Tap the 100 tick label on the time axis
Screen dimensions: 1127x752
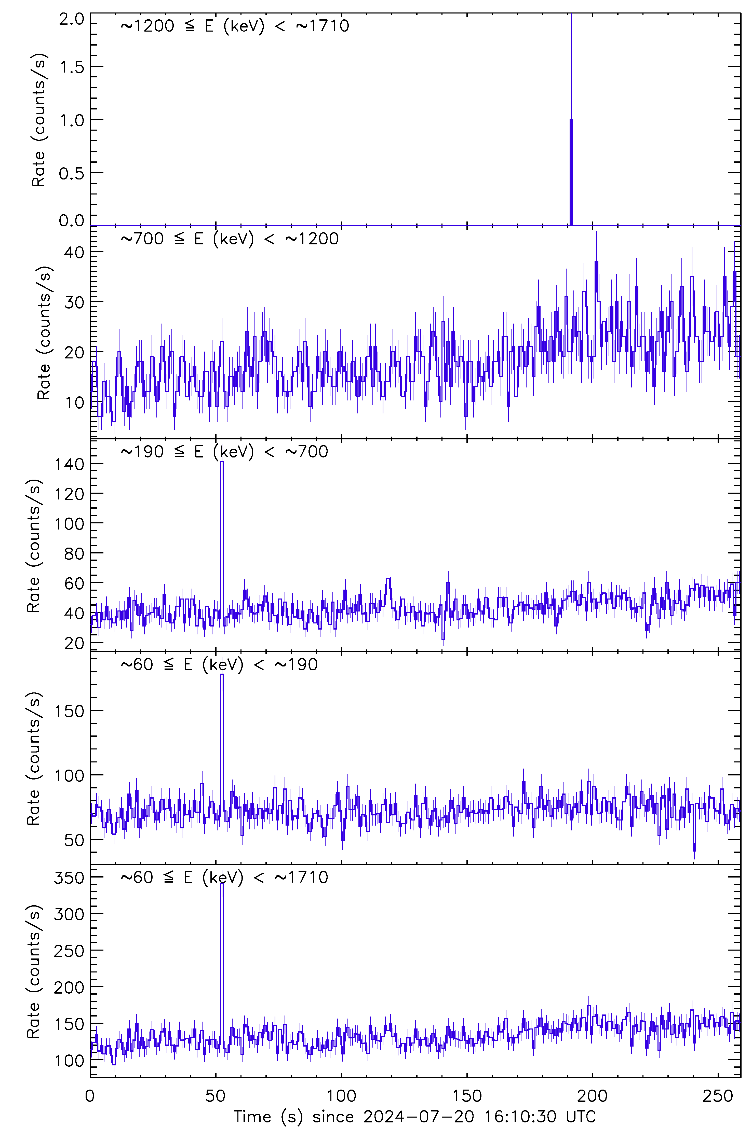pyautogui.click(x=341, y=1096)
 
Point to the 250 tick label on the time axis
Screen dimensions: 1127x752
pyautogui.click(x=718, y=1096)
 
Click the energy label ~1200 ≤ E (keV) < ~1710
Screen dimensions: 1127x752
pyautogui.click(x=235, y=26)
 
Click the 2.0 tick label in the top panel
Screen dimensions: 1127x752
pyautogui.click(x=72, y=19)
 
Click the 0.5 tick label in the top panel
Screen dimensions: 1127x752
pyautogui.click(x=72, y=173)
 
